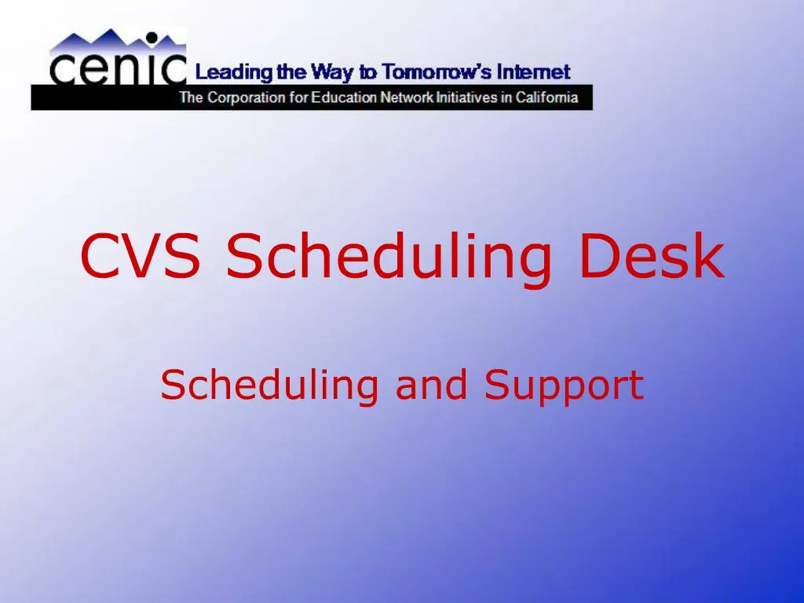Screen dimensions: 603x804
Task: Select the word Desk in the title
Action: click(651, 257)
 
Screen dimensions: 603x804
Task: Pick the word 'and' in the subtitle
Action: click(434, 385)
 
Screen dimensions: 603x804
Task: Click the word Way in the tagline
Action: click(333, 73)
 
